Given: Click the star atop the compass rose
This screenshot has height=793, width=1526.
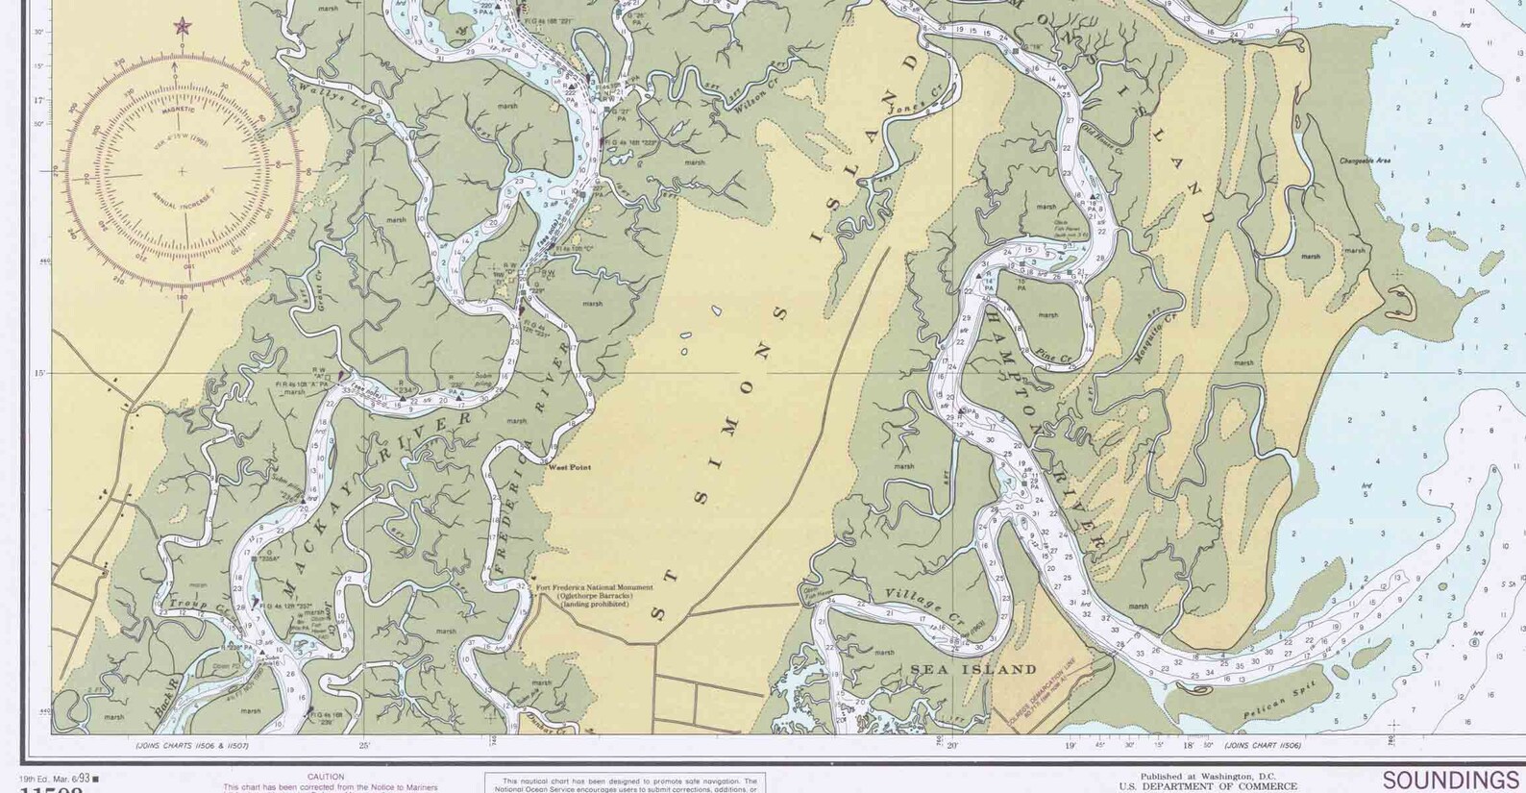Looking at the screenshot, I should tap(182, 26).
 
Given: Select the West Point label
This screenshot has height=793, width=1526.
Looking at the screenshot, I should tap(569, 467).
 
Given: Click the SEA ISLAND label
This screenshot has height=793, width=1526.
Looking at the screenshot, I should tap(973, 669).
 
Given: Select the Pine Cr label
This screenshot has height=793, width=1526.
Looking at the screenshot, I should tap(1054, 358).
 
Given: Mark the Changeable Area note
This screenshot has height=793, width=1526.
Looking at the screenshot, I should tap(1365, 161).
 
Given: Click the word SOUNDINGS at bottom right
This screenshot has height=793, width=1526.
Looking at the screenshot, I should tap(1450, 780).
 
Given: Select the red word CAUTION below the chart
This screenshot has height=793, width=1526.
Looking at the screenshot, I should tap(326, 777).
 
